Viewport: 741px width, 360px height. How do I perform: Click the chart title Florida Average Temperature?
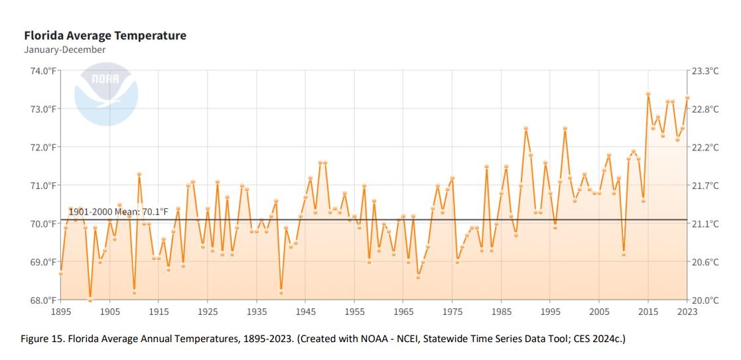105,36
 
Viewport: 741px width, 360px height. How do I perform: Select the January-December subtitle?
65,50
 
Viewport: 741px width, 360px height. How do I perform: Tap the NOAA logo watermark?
106,93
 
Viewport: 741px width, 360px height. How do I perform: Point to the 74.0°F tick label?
44,71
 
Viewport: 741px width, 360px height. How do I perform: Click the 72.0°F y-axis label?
44,147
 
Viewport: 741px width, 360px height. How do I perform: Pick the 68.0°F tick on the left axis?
44,300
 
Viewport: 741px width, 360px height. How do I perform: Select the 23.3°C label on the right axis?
705,71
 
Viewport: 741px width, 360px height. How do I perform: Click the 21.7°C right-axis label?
705,185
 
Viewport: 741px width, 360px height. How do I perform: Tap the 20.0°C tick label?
705,300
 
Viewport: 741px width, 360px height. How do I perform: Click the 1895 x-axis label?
61,312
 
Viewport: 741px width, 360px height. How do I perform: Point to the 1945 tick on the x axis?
305,312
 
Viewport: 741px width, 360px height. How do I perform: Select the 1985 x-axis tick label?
501,312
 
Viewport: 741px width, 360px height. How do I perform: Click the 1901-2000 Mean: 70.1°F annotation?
118,211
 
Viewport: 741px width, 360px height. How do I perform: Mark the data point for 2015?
648,93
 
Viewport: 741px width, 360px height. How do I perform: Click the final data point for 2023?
687,97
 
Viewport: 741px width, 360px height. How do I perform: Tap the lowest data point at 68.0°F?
90,300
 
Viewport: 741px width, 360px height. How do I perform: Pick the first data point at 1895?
61,273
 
